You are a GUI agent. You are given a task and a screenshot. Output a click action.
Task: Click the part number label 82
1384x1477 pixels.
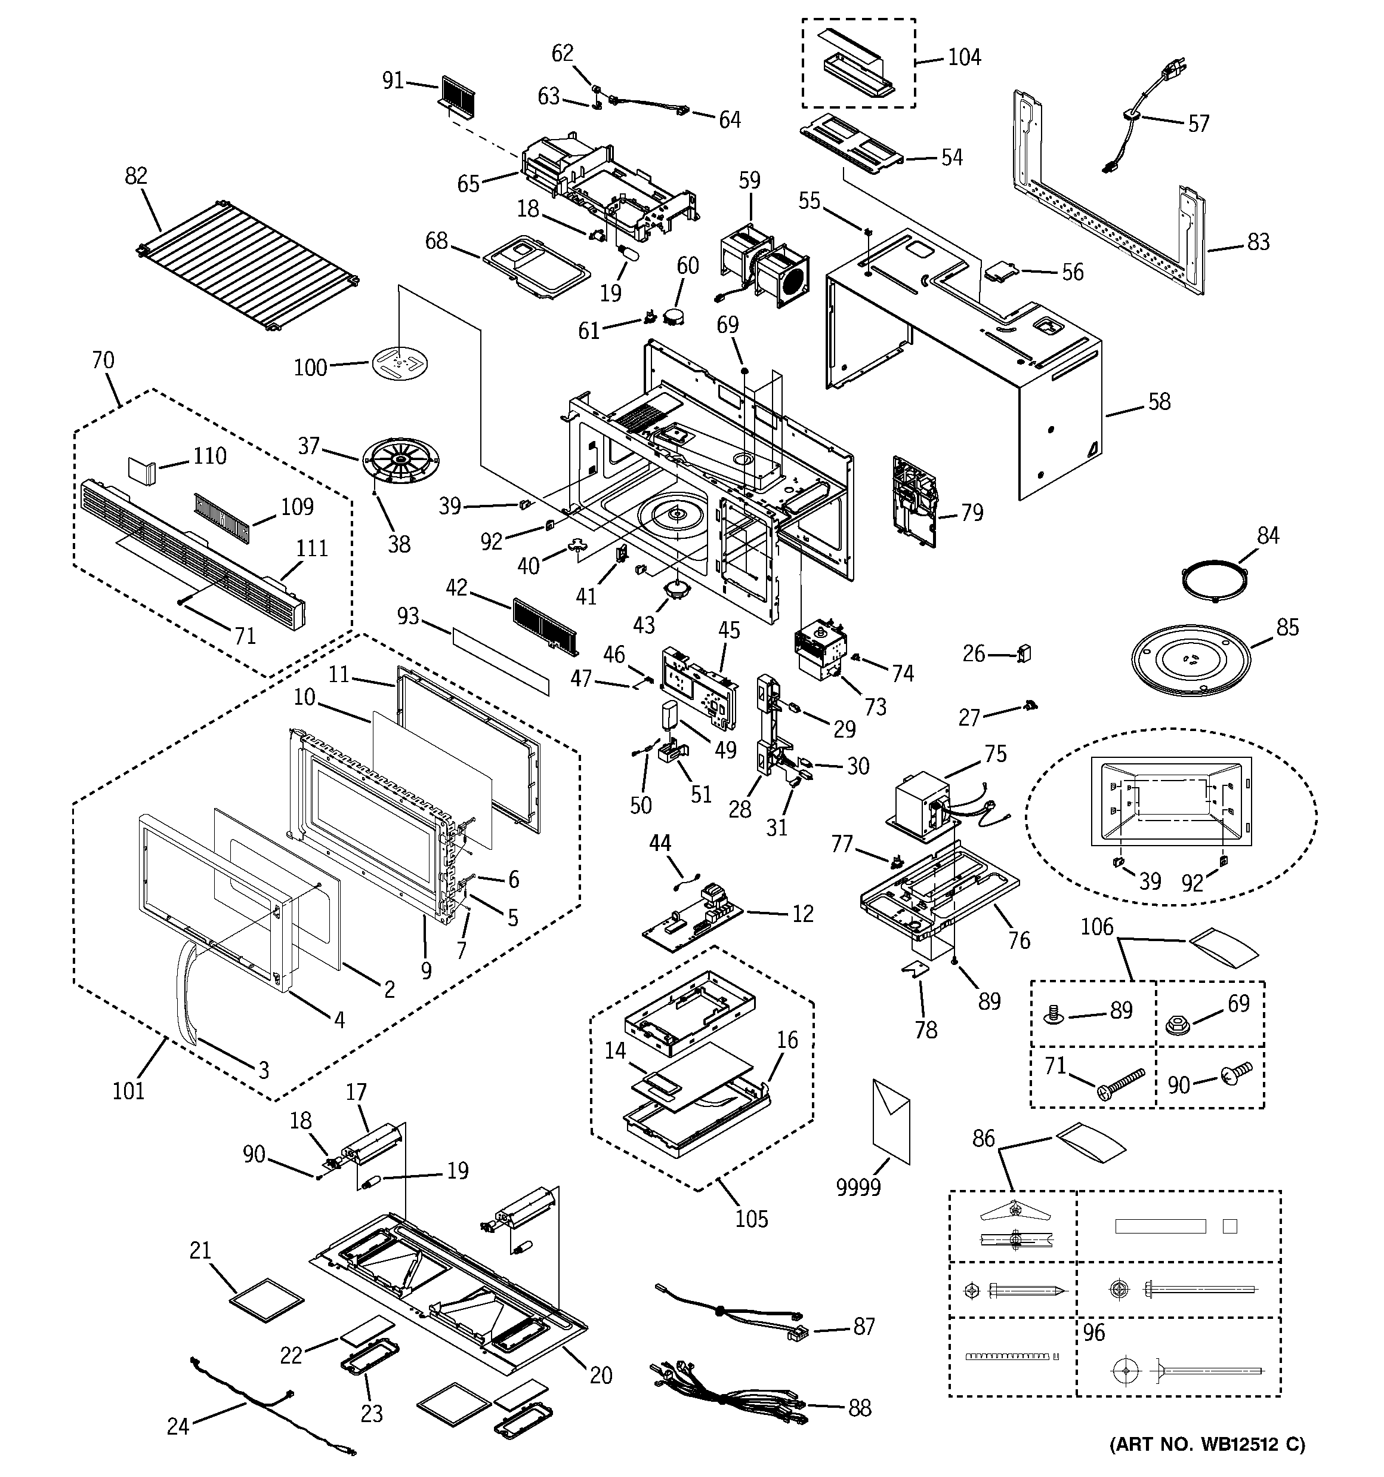click(x=136, y=176)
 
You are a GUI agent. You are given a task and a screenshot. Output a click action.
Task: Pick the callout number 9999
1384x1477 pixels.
click(x=858, y=1187)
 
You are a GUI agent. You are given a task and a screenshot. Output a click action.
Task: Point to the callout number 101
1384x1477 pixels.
click(x=128, y=1091)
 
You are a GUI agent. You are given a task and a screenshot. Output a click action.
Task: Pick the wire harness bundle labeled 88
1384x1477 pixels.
click(x=727, y=1395)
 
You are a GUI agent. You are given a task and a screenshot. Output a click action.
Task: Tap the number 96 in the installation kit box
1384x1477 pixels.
click(x=1093, y=1332)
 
